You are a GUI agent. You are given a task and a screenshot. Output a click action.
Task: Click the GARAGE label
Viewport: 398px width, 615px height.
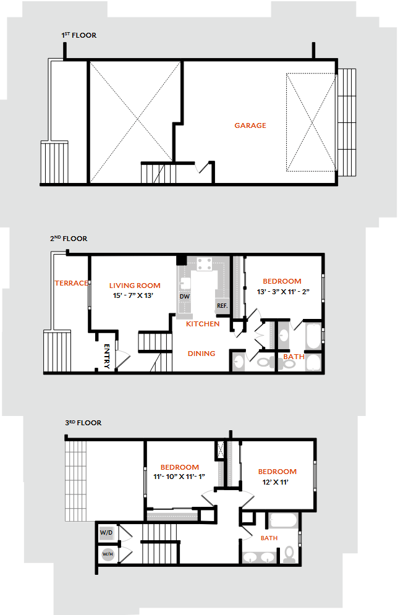[x=250, y=125]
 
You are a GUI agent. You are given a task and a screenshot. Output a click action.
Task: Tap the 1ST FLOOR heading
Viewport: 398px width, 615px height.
[x=79, y=35]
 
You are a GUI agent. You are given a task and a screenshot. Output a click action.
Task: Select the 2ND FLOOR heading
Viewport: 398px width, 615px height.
[x=69, y=239]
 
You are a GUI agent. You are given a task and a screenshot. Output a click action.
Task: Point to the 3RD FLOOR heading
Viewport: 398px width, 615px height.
[x=83, y=423]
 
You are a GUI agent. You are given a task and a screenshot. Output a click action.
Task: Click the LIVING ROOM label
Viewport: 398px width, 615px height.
[x=135, y=286]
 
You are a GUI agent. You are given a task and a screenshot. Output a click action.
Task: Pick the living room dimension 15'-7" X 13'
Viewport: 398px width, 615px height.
[x=133, y=295]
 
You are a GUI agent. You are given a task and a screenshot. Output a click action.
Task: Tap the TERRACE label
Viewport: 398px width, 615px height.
[x=71, y=283]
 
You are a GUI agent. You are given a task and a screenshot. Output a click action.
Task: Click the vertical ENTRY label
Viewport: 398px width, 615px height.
[x=107, y=356]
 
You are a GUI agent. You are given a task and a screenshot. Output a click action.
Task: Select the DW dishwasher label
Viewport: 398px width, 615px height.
[x=185, y=297]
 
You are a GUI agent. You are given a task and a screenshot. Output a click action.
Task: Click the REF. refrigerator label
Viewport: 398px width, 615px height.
[x=222, y=306]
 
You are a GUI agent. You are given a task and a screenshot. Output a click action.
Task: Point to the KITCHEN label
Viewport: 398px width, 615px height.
[x=203, y=324]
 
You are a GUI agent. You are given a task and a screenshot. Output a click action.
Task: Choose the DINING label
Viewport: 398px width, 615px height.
[x=201, y=354]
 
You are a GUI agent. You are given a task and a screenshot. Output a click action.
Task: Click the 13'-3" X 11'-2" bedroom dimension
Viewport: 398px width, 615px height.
[x=284, y=292]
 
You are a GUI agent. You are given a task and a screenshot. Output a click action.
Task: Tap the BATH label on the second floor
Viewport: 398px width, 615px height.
[x=294, y=357]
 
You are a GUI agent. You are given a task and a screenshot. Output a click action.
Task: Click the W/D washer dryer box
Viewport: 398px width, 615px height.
[x=106, y=533]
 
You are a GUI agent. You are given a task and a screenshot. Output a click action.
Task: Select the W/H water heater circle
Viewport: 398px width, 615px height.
[x=108, y=554]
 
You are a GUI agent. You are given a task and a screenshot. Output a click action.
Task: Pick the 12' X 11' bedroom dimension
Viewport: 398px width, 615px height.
[x=275, y=483]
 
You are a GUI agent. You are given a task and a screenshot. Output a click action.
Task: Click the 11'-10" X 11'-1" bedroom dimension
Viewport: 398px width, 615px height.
[x=179, y=477]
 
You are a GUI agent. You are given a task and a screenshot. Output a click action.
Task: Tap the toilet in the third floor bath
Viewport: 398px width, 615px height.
[x=289, y=554]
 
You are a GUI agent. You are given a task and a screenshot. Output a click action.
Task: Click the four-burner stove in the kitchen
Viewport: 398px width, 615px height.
[x=205, y=264]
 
